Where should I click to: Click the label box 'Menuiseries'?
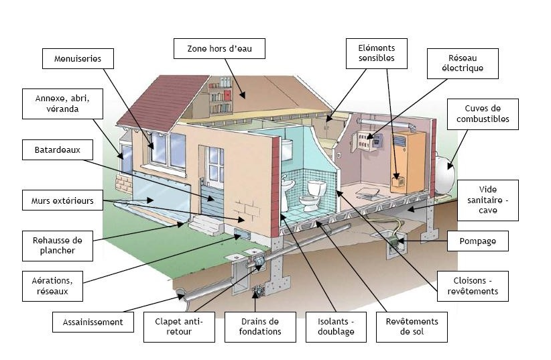(x=77, y=59)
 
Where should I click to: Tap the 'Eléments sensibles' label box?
(x=376, y=53)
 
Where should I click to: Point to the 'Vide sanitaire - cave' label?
(x=488, y=200)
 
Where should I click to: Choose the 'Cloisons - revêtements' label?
(x=472, y=286)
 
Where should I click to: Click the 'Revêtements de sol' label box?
(x=412, y=326)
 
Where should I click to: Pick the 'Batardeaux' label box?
(x=57, y=150)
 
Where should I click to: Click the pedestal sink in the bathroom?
(x=289, y=188)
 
